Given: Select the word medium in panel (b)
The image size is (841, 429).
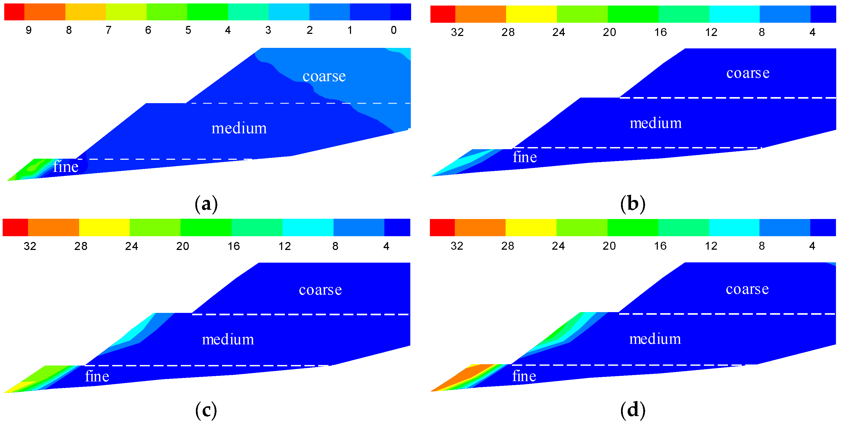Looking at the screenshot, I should (x=655, y=123).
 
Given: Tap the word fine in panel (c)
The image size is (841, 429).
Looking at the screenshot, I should (x=97, y=376).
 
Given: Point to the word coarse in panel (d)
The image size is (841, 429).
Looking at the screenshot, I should (x=747, y=289).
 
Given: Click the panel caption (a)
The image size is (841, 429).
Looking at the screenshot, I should (x=206, y=204).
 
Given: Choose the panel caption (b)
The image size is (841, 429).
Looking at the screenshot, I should (x=633, y=204).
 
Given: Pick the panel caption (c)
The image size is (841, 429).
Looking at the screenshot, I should (x=206, y=410).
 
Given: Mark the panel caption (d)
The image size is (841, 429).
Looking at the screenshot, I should (x=633, y=410).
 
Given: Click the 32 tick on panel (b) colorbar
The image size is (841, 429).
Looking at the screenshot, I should (x=457, y=32).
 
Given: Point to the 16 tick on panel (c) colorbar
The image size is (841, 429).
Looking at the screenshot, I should (x=234, y=246).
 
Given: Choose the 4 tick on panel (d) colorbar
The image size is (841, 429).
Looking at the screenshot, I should (x=812, y=246).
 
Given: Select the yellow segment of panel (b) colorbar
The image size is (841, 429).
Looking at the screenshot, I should (x=531, y=14).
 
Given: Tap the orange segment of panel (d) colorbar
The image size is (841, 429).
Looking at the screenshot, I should (x=480, y=227).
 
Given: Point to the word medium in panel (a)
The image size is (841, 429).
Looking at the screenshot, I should (x=239, y=128).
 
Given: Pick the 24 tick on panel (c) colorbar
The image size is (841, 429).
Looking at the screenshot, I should (x=132, y=246).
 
